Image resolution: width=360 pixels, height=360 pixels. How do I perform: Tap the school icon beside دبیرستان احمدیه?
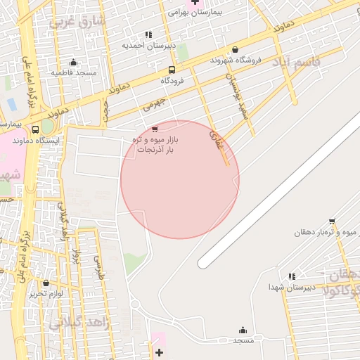click(x=148, y=34)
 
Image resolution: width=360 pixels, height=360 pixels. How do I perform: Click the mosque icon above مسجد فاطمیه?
click(x=73, y=62)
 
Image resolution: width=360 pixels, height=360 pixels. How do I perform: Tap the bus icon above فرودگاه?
click(x=172, y=70)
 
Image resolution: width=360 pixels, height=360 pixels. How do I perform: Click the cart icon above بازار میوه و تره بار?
click(x=155, y=129)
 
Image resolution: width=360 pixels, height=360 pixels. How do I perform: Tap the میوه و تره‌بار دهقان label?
click(x=327, y=232)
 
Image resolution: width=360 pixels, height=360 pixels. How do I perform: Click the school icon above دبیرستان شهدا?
click(x=291, y=276)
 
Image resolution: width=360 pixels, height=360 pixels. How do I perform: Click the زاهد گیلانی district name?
click(x=77, y=323)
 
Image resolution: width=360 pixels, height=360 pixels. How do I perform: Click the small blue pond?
click(x=11, y=104)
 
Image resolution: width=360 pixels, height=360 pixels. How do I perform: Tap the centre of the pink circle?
click(x=180, y=179)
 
